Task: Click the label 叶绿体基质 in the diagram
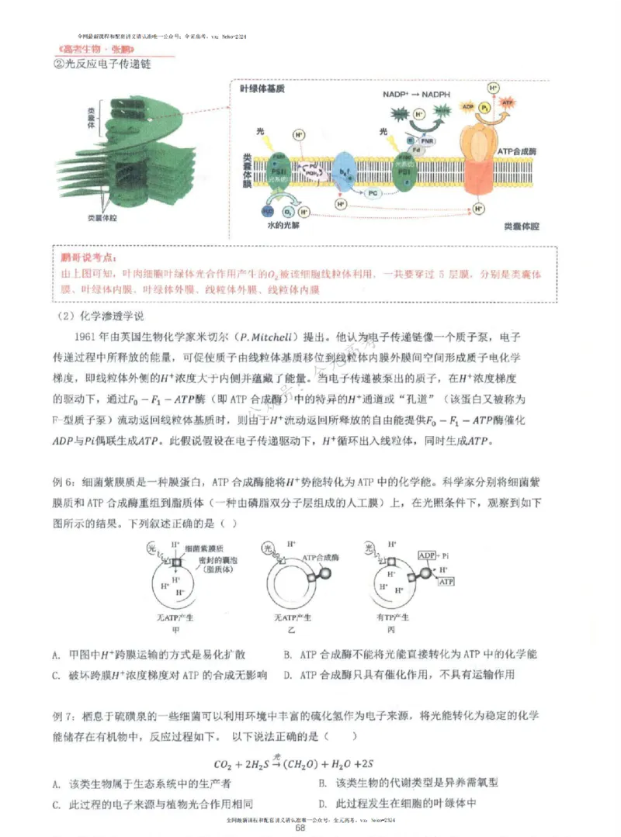click(x=263, y=89)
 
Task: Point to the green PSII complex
click(x=279, y=169)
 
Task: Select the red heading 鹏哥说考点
click(x=89, y=258)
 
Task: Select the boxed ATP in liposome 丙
click(x=446, y=582)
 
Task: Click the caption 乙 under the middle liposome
click(x=292, y=631)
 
